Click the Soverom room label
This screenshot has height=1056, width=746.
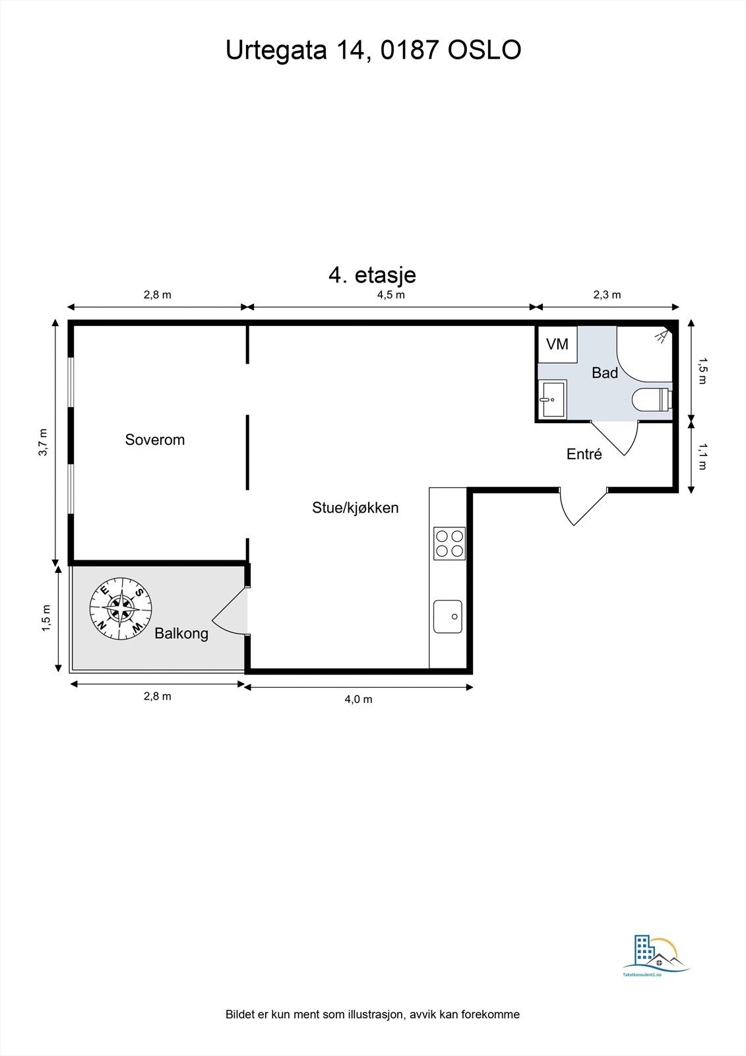[x=155, y=440]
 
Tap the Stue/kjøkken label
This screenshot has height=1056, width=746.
[x=356, y=508]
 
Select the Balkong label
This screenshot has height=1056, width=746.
[x=181, y=634]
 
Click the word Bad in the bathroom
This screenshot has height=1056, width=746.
[x=605, y=373]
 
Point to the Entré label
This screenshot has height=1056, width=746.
[x=584, y=454]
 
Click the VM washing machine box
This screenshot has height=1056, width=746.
[x=557, y=344]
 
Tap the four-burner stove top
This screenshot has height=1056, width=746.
[x=449, y=543]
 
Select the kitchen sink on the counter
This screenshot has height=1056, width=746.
[x=448, y=616]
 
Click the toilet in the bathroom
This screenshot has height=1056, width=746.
[x=652, y=400]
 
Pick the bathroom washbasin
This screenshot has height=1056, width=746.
[x=552, y=399]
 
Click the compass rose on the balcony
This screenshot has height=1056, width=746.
[x=121, y=608]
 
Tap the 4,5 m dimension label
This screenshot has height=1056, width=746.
[x=390, y=294]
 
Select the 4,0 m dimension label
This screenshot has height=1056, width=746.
[x=358, y=699]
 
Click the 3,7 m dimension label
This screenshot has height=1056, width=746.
[x=43, y=442]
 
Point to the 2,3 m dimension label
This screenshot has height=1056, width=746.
[x=607, y=294]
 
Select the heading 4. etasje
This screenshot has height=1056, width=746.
[x=372, y=274]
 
